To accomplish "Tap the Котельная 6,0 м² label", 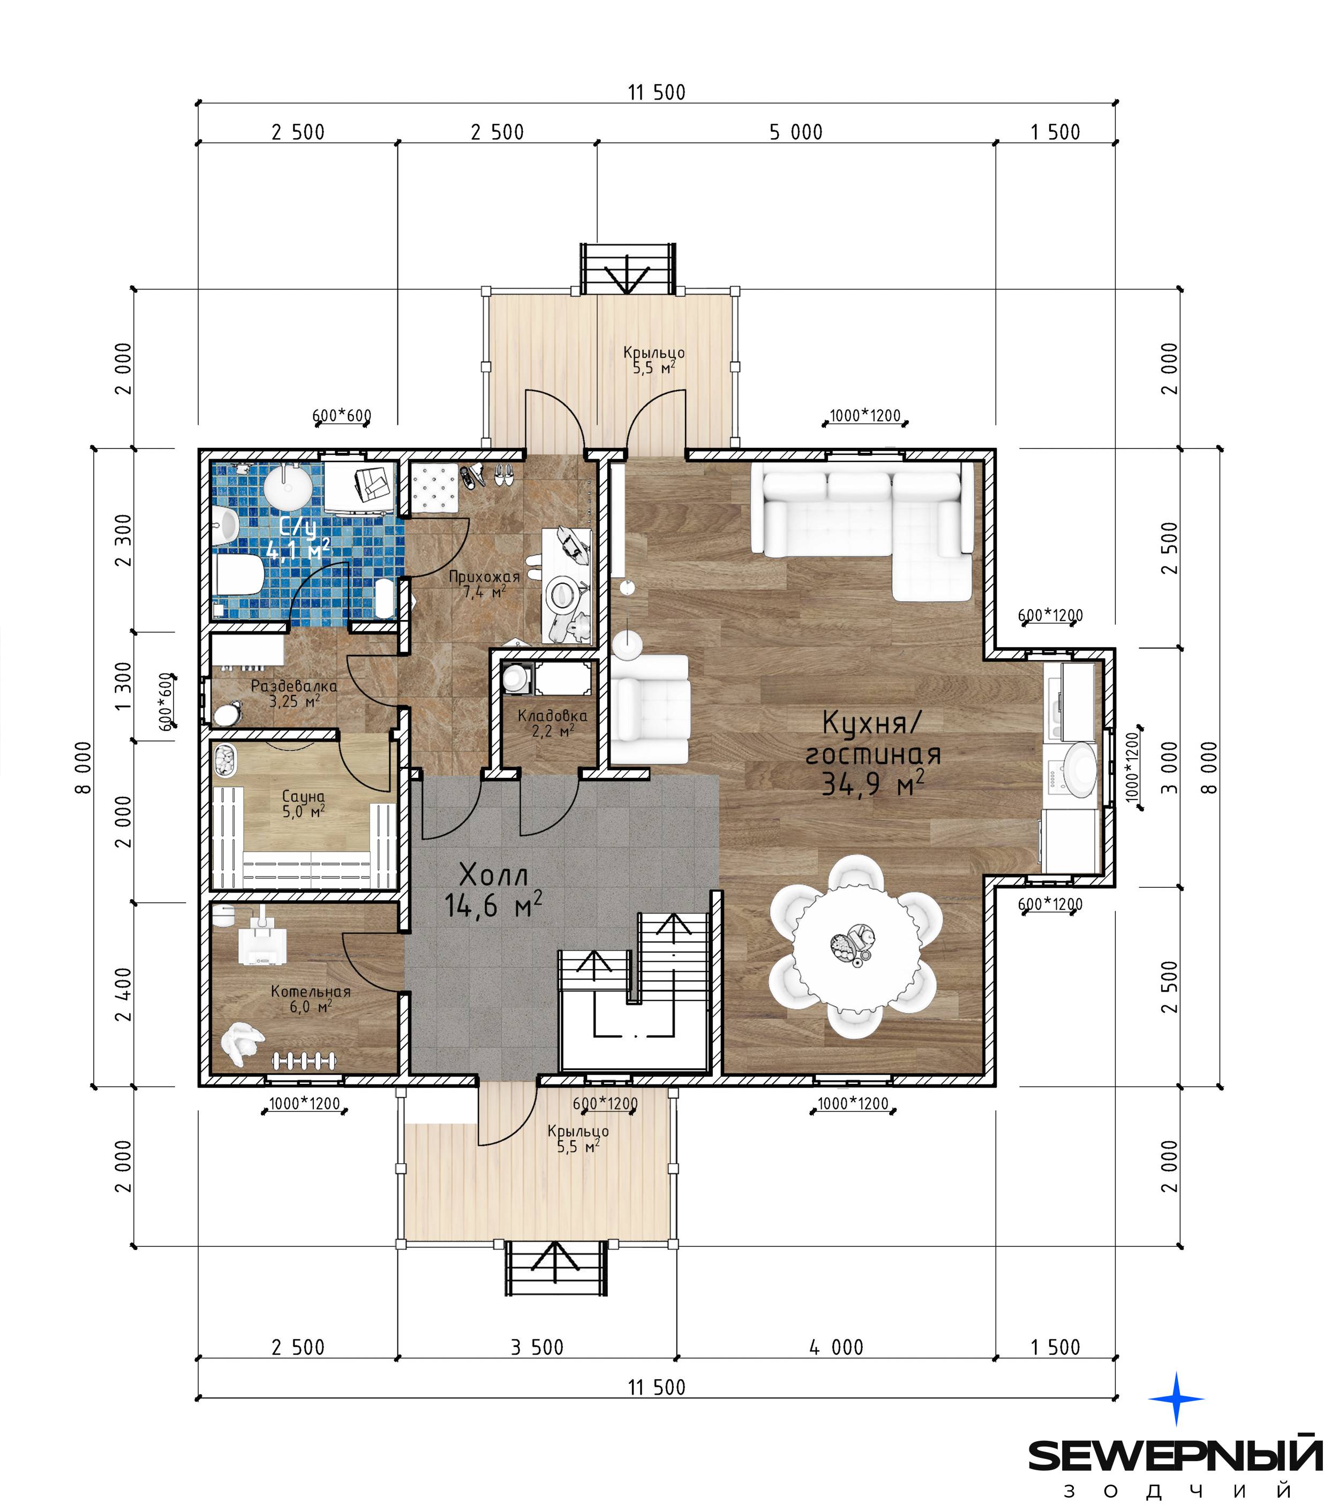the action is [x=311, y=999].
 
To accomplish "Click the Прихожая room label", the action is [x=484, y=583].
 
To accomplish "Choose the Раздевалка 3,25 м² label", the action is [x=294, y=693].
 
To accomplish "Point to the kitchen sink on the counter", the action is [x=1079, y=770].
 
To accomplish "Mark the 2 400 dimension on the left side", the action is [x=124, y=994].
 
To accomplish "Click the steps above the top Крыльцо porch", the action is [x=628, y=268].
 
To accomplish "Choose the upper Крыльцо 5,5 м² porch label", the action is [x=653, y=360].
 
